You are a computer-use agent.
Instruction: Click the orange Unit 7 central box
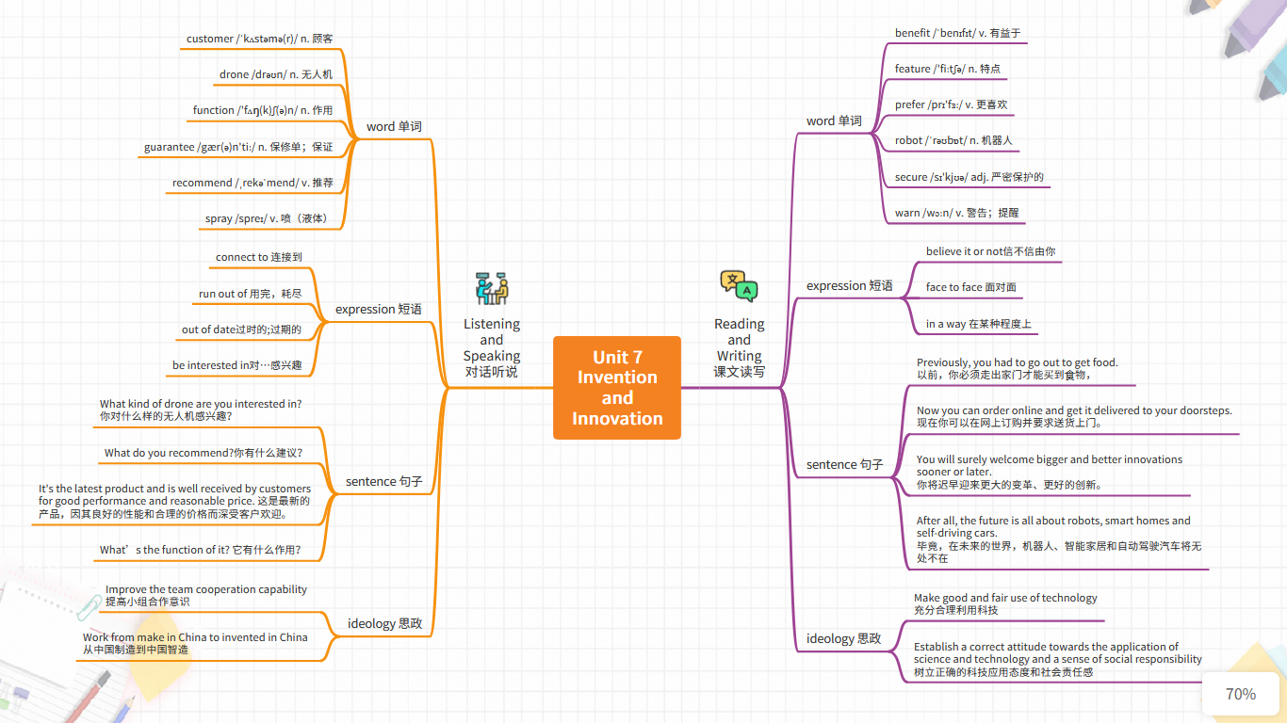coord(617,388)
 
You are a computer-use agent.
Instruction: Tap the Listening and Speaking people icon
coord(492,288)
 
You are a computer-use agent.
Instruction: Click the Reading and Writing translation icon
coord(739,285)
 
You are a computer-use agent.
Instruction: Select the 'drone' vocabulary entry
coord(275,74)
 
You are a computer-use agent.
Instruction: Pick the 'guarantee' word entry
coord(237,147)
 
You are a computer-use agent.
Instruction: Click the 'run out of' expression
coord(250,294)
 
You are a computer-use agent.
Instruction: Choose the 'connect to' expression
coord(258,257)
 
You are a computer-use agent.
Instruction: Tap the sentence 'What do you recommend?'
coord(203,453)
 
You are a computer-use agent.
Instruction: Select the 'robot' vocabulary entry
coord(953,140)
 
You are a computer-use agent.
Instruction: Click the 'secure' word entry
coord(969,177)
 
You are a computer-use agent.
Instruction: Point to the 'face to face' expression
coord(970,287)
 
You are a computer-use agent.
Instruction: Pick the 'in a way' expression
coord(978,324)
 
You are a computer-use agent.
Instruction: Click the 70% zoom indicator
coord(1240,695)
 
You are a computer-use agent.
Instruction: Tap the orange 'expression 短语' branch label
coord(378,309)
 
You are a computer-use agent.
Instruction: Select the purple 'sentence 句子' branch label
coord(844,464)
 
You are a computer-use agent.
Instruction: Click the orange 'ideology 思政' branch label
coord(384,623)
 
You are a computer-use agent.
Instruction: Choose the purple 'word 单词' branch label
coord(834,120)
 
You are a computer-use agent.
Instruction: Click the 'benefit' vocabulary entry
coord(957,33)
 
